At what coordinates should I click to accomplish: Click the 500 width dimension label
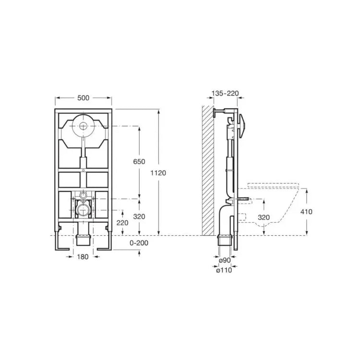(83, 98)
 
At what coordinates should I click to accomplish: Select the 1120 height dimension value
(158, 173)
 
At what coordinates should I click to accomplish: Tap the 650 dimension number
(139, 162)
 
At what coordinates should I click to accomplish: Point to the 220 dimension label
(122, 223)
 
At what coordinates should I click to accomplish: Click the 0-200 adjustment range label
(139, 243)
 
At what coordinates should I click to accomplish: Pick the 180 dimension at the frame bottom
(83, 257)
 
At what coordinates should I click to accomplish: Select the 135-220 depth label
(225, 93)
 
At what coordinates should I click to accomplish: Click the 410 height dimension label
(307, 212)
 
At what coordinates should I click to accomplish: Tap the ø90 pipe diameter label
(225, 260)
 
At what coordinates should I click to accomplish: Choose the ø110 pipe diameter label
(224, 270)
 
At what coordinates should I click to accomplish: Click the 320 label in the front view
(139, 216)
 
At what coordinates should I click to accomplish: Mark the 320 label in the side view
(264, 217)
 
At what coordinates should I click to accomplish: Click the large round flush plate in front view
(84, 126)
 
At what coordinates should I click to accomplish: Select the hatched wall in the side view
(208, 170)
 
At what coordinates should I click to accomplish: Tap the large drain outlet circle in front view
(84, 210)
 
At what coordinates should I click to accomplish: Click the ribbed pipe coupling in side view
(224, 240)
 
